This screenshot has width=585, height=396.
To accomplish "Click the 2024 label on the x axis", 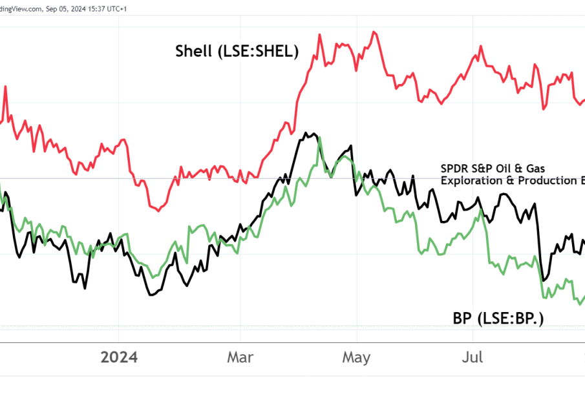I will [119, 357].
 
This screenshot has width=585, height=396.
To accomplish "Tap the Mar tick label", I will [240, 357].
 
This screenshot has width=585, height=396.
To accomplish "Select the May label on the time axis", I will [356, 357].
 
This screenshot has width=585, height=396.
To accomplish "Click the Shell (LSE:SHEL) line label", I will [237, 52].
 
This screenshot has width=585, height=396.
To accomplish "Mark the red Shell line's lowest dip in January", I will [159, 210].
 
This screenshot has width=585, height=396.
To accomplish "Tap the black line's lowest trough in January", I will [151, 295].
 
